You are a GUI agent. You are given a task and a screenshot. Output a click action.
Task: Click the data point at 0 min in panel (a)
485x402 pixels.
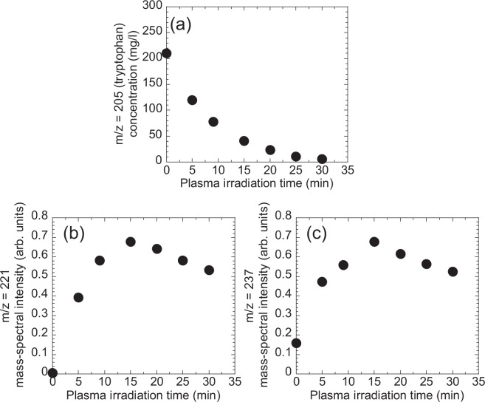tap(167, 53)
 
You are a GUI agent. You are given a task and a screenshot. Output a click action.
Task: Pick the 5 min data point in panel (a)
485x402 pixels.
tap(192, 100)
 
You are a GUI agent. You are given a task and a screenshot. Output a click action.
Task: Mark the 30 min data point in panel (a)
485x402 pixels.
tap(322, 159)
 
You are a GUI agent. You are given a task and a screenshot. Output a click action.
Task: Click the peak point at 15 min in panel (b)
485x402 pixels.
tap(130, 242)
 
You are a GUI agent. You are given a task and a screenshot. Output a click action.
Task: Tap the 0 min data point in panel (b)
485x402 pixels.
tap(52, 372)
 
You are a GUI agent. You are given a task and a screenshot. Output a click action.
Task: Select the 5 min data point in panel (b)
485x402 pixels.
tap(78, 297)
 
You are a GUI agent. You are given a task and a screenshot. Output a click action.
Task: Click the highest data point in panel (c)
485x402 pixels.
tap(374, 242)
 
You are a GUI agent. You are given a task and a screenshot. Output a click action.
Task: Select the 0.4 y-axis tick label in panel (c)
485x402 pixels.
tap(282, 295)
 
